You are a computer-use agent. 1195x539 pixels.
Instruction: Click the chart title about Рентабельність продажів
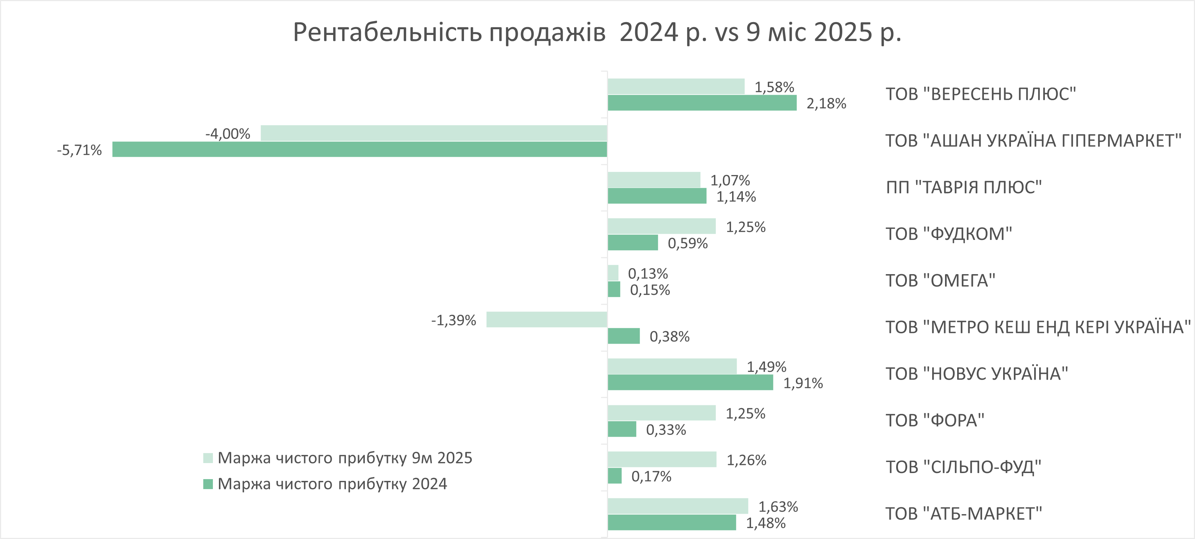[x=597, y=32]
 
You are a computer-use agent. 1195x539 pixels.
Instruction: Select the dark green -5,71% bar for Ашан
[x=359, y=149]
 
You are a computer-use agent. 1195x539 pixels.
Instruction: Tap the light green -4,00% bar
[x=434, y=133]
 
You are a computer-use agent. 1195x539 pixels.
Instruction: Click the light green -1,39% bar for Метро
[x=546, y=320]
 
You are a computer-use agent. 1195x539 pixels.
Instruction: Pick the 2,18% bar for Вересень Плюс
[x=702, y=103]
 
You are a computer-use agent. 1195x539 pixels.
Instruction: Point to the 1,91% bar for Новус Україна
[x=690, y=383]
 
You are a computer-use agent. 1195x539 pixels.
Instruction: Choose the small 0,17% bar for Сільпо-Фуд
[x=615, y=476]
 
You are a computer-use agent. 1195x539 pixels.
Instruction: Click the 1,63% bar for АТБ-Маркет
[x=678, y=506]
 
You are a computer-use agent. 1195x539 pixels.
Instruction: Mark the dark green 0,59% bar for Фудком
[x=633, y=243]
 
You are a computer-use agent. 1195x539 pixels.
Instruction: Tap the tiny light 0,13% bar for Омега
[x=613, y=273]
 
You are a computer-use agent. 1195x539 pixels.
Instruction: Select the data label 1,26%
[x=746, y=460]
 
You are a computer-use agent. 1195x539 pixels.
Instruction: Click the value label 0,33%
[x=666, y=430]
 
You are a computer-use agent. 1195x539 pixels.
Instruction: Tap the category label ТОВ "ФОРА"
[x=935, y=420]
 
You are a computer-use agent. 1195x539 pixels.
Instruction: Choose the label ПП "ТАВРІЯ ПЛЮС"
[x=964, y=188]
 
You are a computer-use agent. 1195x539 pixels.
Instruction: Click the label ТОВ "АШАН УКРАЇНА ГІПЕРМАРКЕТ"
[x=1033, y=140]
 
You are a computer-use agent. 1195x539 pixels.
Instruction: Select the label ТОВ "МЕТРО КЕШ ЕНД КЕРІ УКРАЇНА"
[x=1038, y=327]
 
